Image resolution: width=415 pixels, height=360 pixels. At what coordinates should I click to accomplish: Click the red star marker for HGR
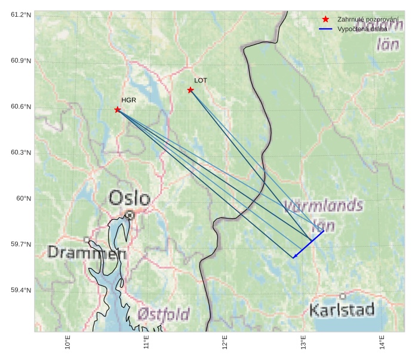[x=118, y=110]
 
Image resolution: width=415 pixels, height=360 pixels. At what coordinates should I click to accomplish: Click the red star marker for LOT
[x=190, y=90]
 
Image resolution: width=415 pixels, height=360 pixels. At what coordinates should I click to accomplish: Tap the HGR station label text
[x=128, y=100]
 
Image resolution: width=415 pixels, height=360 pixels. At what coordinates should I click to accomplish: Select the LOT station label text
[x=201, y=80]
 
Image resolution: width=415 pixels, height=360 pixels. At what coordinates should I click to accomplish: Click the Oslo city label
[x=129, y=198]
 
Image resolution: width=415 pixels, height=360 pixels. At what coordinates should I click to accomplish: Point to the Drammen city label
[x=87, y=253]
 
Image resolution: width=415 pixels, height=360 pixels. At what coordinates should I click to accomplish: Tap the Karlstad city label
[x=342, y=310]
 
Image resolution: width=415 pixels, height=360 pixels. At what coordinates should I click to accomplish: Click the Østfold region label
[x=163, y=314]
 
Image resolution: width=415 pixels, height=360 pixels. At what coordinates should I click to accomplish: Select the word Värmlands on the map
[x=323, y=207]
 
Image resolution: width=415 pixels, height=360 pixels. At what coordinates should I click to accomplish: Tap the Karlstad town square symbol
[x=343, y=296]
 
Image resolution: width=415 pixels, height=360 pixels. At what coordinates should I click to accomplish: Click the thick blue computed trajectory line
[x=309, y=244]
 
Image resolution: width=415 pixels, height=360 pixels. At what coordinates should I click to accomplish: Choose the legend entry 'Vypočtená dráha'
[x=362, y=29]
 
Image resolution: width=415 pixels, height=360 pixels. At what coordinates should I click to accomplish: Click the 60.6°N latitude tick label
[x=21, y=107]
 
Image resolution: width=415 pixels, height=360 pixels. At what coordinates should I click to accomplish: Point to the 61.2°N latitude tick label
[x=21, y=14]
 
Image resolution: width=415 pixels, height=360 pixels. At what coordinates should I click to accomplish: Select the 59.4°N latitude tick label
[x=21, y=291]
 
